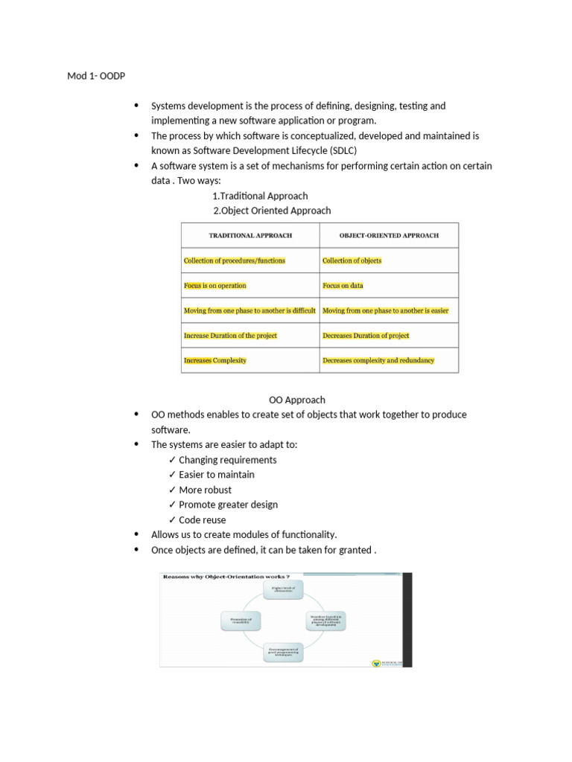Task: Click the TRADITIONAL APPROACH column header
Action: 250,235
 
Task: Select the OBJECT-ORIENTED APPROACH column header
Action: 389,235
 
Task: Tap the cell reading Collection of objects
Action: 352,260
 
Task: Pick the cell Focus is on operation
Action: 214,286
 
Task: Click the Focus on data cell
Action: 343,286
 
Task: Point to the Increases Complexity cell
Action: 214,360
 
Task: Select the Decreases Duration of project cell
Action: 366,336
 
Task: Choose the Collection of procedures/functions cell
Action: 234,260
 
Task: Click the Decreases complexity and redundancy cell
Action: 378,360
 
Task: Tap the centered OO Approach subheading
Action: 296,400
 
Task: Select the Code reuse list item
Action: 202,519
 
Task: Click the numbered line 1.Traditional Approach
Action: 260,196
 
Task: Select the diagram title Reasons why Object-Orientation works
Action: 226,577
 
